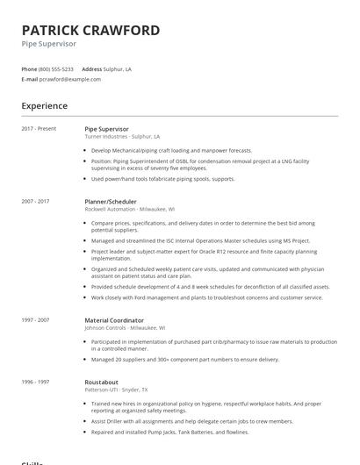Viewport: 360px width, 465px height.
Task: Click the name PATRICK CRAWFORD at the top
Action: click(x=90, y=30)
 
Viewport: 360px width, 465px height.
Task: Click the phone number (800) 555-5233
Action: click(x=56, y=68)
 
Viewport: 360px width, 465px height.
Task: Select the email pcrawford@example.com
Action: click(x=70, y=79)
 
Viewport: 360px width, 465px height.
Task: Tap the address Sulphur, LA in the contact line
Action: click(x=118, y=68)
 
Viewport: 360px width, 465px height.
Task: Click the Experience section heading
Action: click(x=45, y=106)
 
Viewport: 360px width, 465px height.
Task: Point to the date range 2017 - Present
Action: click(x=39, y=129)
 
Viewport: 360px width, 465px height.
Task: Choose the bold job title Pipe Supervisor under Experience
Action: click(x=106, y=129)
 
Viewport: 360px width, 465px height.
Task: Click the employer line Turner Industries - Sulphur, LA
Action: click(x=122, y=137)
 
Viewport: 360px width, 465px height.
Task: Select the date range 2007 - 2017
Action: click(x=35, y=201)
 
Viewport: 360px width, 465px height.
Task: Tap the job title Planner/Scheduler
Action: click(x=112, y=201)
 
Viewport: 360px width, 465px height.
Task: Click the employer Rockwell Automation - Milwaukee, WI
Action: click(x=129, y=209)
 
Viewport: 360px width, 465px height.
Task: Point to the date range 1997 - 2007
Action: click(x=35, y=320)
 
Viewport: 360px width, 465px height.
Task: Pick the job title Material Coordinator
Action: click(x=114, y=320)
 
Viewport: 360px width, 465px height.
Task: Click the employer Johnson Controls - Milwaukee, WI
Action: click(x=126, y=328)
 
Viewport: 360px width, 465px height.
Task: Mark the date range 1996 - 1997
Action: click(x=35, y=383)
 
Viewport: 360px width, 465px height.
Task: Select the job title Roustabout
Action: click(x=103, y=383)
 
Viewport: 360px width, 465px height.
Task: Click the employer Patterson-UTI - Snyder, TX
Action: click(x=116, y=391)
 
